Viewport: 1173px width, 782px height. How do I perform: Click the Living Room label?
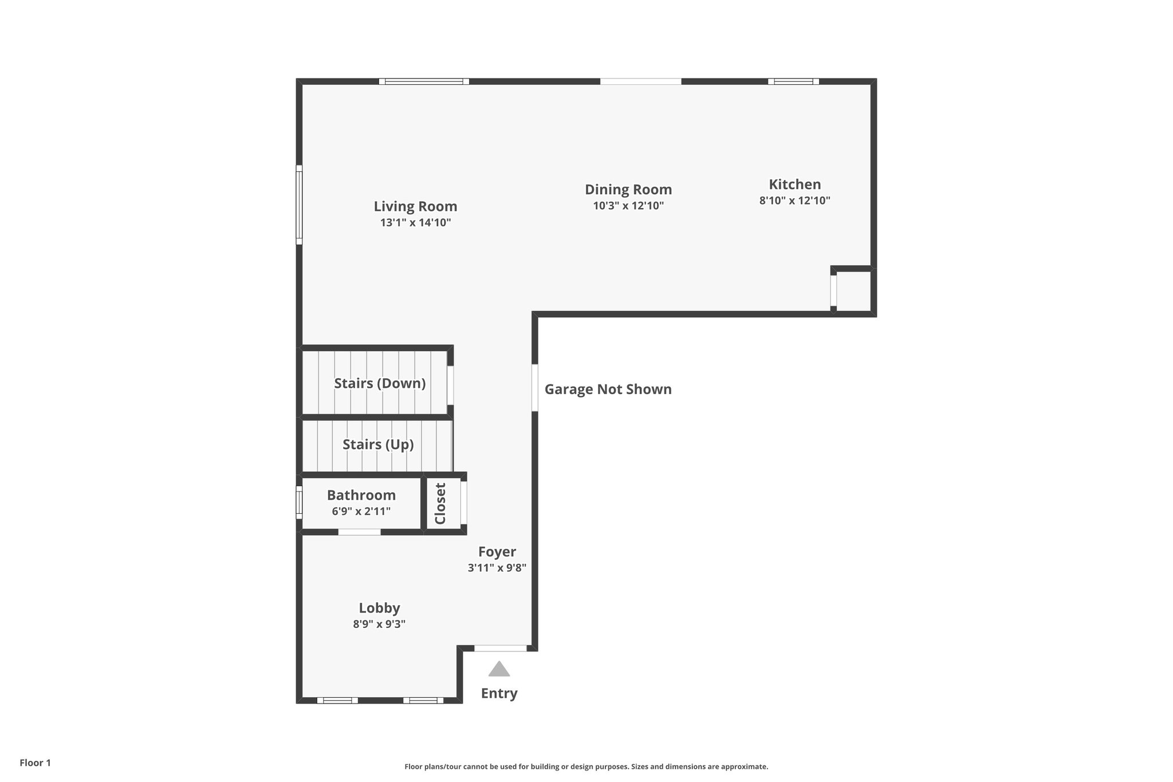415,206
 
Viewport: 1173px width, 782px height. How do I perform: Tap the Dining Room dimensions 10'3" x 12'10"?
628,206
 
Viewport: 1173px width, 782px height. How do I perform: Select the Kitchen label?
794,184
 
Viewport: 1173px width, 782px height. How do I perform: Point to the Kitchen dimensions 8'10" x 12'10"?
794,201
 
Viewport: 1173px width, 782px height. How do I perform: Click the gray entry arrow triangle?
499,669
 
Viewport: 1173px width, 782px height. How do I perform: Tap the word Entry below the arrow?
499,693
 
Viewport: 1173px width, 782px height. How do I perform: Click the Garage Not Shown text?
608,390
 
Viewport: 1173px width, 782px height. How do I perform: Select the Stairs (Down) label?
380,383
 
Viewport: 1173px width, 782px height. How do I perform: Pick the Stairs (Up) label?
378,445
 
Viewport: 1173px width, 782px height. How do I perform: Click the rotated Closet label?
440,504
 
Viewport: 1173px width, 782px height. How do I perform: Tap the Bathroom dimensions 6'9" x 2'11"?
361,511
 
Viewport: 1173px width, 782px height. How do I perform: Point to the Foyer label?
497,552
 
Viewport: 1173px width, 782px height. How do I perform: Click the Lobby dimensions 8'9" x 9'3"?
379,624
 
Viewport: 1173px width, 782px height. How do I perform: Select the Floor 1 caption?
35,763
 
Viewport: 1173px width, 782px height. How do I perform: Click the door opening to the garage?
535,388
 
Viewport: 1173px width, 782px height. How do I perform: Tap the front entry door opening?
500,648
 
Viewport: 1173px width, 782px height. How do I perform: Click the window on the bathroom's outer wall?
299,502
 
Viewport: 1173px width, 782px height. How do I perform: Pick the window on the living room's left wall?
299,205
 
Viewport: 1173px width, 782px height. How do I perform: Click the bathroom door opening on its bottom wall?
359,532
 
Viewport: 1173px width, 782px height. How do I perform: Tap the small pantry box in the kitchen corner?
853,290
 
